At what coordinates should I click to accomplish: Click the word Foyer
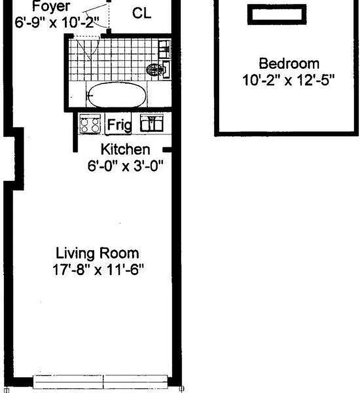51,6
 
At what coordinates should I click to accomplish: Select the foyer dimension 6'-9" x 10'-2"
57,23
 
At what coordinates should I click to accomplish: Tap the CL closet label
141,13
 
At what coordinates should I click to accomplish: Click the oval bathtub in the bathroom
117,95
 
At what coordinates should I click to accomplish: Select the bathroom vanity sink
165,49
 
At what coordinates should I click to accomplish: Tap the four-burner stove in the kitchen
90,124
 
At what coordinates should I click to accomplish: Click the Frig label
119,125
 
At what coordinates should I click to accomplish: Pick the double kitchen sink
152,123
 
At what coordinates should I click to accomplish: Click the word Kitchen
125,150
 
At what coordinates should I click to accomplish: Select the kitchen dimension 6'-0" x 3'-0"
125,166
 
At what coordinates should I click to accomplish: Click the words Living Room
97,253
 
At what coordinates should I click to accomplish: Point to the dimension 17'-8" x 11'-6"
98,270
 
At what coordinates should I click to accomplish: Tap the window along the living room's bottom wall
101,382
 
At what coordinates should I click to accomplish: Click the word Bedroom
289,64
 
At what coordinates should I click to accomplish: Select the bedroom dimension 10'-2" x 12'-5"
288,81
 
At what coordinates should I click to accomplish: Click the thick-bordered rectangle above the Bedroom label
277,15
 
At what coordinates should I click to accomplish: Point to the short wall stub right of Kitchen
167,150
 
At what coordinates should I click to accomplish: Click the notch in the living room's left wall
14,159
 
